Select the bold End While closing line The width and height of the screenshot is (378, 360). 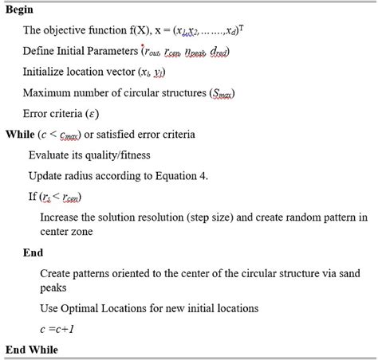(x=32, y=349)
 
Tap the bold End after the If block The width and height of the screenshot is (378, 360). (x=33, y=252)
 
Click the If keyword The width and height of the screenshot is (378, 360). (x=33, y=196)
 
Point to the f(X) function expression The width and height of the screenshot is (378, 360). (x=138, y=31)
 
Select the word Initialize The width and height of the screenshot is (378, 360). (x=45, y=72)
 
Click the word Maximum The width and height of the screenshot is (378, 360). (x=47, y=92)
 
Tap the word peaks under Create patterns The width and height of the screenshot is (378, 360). (x=53, y=287)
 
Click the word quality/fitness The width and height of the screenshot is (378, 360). (x=118, y=155)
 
